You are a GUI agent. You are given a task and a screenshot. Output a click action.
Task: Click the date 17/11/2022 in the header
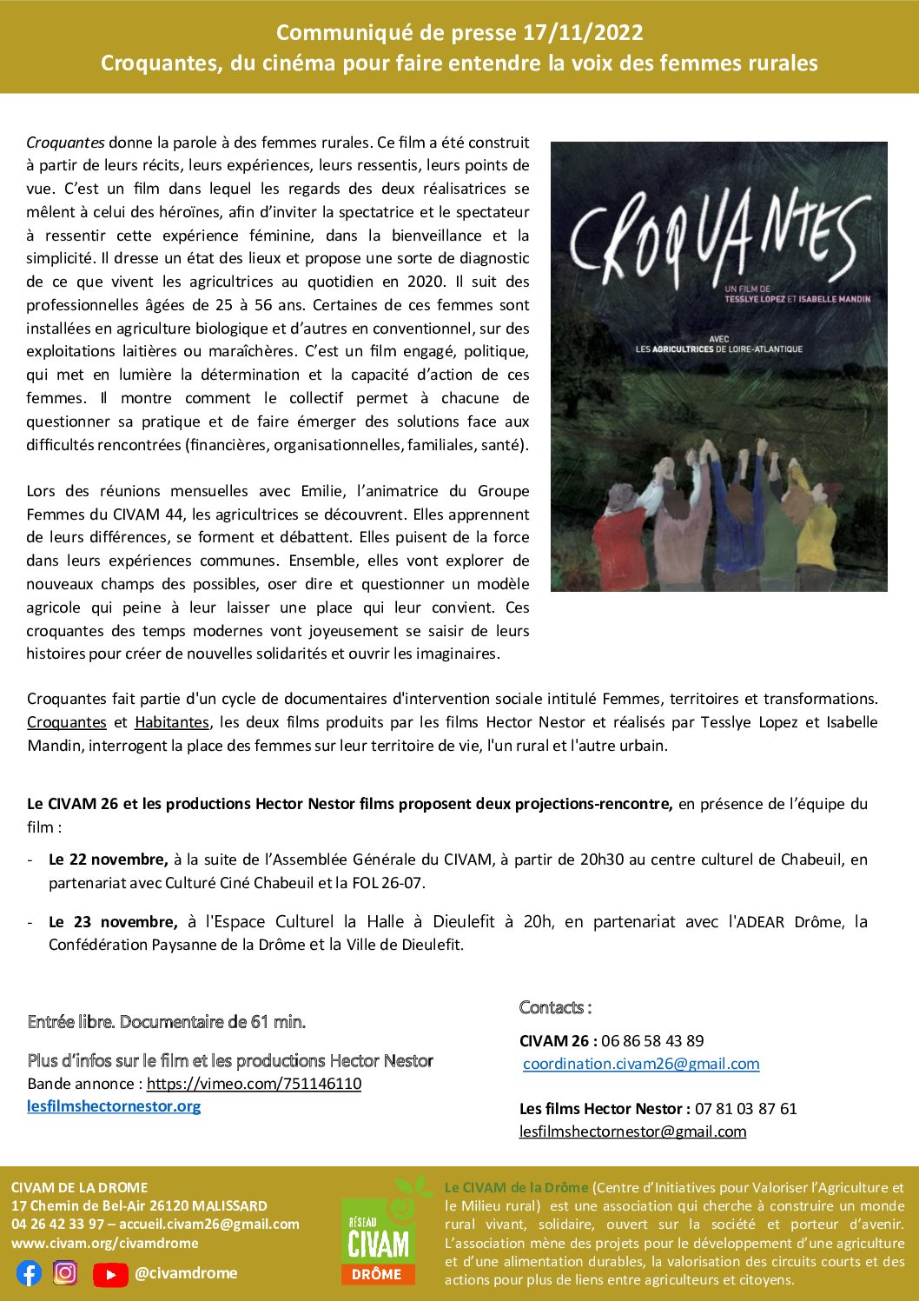click(583, 33)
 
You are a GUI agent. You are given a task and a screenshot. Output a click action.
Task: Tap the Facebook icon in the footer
click(29, 1273)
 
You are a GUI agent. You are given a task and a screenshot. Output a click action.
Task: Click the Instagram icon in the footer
click(65, 1273)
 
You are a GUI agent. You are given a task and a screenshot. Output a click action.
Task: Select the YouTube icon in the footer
click(110, 1274)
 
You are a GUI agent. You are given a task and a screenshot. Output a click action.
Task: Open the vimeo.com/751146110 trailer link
click(254, 1084)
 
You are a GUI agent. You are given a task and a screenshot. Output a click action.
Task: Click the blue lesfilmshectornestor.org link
click(114, 1106)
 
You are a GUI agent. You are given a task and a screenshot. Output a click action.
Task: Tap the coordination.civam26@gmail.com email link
click(641, 1064)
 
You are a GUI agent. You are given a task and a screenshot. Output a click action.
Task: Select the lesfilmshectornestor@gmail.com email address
click(632, 1132)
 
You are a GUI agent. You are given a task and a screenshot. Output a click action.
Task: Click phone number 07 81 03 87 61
click(745, 1109)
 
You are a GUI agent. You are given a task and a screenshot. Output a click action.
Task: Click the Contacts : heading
click(555, 1008)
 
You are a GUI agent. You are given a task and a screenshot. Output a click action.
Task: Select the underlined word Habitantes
click(172, 722)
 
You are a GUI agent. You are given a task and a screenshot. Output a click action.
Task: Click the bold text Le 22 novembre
click(108, 860)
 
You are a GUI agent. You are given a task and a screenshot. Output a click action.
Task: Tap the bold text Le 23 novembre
click(113, 922)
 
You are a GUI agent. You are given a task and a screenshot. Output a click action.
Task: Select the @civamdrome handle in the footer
click(186, 1273)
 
